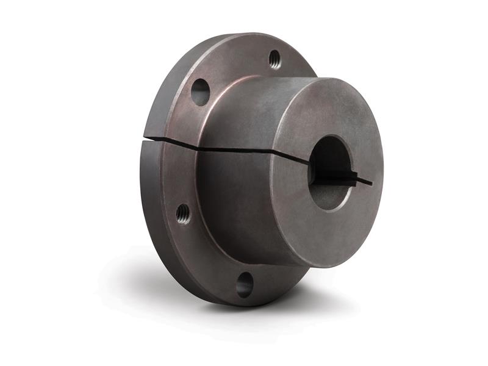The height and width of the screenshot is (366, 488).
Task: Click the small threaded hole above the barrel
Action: click(x=274, y=59)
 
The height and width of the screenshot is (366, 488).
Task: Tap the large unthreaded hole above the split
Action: click(x=200, y=92)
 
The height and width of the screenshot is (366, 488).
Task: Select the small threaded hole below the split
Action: click(x=182, y=213)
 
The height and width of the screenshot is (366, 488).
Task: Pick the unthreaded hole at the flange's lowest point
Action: click(x=245, y=284)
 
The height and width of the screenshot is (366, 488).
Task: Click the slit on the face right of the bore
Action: click(x=364, y=181)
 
